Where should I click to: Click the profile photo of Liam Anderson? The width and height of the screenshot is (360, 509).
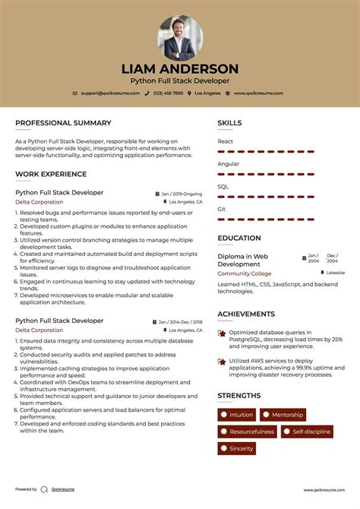click(x=180, y=38)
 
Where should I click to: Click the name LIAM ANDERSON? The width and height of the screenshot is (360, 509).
click(x=180, y=69)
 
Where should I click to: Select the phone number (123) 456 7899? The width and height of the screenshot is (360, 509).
click(x=168, y=93)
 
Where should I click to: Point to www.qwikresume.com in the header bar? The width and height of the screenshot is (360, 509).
click(x=258, y=93)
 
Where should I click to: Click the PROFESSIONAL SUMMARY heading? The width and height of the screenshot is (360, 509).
click(x=63, y=123)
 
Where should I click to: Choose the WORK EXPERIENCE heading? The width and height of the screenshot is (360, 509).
click(x=51, y=174)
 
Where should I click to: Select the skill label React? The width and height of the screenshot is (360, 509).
click(x=226, y=141)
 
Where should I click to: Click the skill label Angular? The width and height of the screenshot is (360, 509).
click(x=228, y=163)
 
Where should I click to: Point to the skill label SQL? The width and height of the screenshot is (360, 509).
click(x=223, y=186)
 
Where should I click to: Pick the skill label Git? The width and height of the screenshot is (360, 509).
click(x=222, y=208)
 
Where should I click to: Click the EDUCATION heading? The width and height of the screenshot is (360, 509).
click(x=239, y=238)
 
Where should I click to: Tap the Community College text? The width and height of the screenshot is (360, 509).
click(x=244, y=273)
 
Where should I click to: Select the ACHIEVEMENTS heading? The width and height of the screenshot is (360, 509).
click(x=246, y=314)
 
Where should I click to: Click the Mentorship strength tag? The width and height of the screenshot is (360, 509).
click(x=283, y=415)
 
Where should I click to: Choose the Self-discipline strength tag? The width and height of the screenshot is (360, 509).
click(x=307, y=432)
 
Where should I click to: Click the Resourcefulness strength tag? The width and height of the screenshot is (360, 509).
click(x=247, y=432)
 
